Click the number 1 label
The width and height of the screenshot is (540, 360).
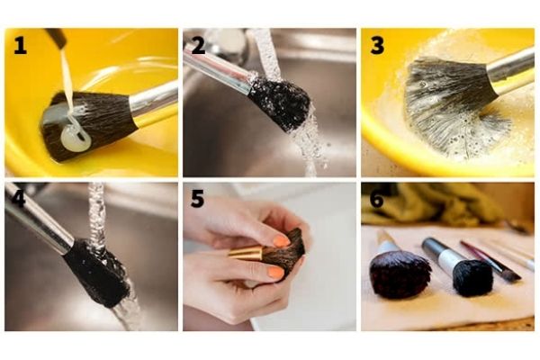(21, 46)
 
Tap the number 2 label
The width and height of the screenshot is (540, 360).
(198, 46)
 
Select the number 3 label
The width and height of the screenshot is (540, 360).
(377, 46)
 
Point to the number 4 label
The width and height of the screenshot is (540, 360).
(19, 199)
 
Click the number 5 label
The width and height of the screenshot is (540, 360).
(197, 199)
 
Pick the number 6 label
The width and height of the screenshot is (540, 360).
(377, 199)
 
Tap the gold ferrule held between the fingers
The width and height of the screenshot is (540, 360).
(246, 253)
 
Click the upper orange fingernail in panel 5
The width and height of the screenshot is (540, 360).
(282, 241)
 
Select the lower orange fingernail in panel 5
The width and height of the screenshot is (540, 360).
(275, 273)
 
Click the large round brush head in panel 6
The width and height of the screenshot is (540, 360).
(400, 274)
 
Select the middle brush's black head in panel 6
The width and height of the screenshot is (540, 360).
(472, 277)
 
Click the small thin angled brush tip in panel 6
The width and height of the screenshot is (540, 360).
(513, 276)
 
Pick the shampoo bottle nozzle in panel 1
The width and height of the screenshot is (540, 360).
(57, 37)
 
